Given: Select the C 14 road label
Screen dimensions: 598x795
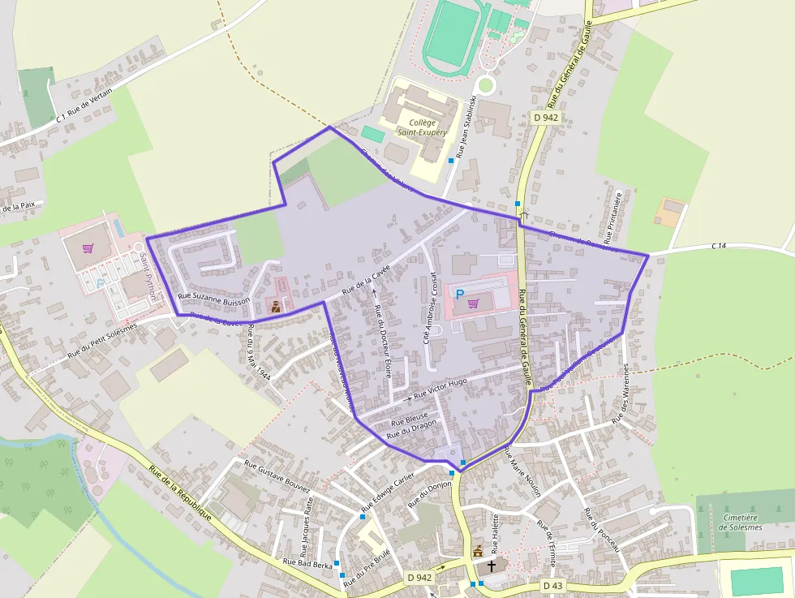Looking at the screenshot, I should [x=719, y=245].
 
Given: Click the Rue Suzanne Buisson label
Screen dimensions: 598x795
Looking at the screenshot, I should [x=213, y=300].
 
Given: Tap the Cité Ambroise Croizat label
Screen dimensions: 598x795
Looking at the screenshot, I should [x=429, y=308].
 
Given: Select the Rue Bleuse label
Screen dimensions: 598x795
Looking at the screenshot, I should [x=409, y=420].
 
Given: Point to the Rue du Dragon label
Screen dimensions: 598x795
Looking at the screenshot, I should [x=411, y=430].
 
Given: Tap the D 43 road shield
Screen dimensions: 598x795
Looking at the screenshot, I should [x=552, y=585].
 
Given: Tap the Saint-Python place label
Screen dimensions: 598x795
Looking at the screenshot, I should [x=148, y=275].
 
